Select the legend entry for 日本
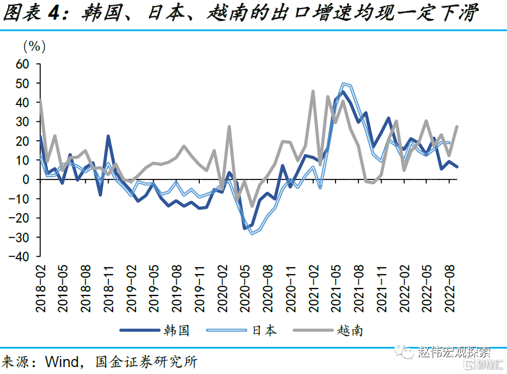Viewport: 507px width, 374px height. (x=264, y=330)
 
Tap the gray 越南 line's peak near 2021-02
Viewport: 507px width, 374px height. (x=313, y=91)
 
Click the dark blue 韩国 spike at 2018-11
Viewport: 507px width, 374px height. (x=108, y=136)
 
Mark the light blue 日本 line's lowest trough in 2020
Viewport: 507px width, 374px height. (x=252, y=234)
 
